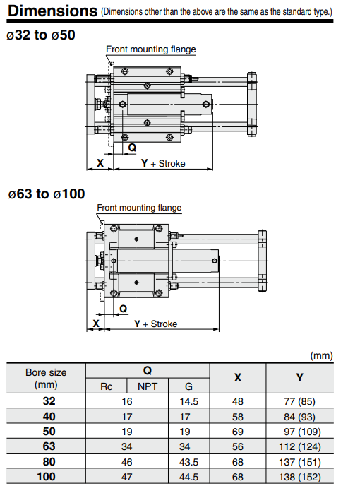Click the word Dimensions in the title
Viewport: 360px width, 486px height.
pos(52,11)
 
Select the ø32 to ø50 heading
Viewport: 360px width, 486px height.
pos(40,35)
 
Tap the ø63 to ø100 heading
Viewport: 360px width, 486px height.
pos(47,194)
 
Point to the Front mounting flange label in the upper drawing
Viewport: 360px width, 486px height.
pos(151,49)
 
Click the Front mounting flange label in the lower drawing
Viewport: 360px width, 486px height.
pos(139,208)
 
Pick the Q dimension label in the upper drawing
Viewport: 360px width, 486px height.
pos(132,147)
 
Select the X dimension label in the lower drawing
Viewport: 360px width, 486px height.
pos(96,324)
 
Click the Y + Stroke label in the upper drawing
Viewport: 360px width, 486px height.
pos(163,163)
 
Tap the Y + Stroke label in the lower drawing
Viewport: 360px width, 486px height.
pos(155,324)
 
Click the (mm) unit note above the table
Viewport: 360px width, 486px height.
pos(321,355)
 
